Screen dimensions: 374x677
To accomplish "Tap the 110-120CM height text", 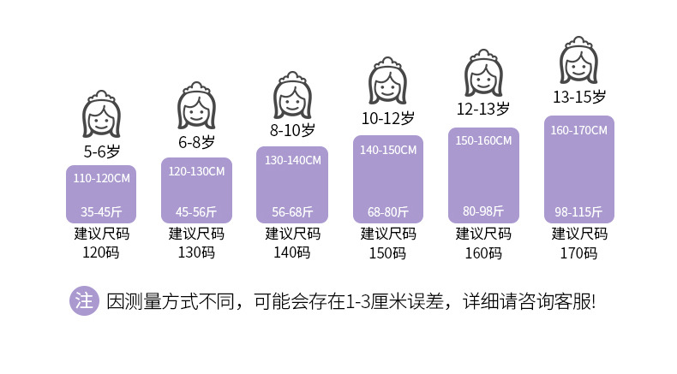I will [x=100, y=179].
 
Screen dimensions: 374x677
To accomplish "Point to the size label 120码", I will [x=101, y=252].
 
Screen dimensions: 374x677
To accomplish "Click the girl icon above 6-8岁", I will [x=196, y=107].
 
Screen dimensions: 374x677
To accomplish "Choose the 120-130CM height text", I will [x=196, y=171].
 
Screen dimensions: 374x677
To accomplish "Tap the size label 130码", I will [x=196, y=252].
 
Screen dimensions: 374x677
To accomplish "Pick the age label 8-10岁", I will [x=292, y=131].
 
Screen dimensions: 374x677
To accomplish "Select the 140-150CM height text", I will [x=388, y=150].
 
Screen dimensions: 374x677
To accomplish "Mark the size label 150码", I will [x=388, y=252].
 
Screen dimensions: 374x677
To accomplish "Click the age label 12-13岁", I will [x=482, y=109].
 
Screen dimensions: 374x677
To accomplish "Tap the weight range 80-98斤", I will [x=483, y=211].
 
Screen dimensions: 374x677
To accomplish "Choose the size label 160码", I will [x=483, y=252].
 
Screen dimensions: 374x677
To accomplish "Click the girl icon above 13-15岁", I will [x=578, y=59].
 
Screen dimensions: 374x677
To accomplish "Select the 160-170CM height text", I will [x=578, y=130].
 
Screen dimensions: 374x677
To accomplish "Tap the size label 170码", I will [x=579, y=252].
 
